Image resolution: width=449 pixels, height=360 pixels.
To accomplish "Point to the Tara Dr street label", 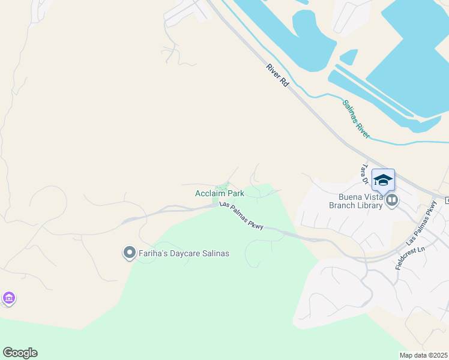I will tap(364, 171).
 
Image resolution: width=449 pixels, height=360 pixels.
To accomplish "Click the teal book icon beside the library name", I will tap(392, 200).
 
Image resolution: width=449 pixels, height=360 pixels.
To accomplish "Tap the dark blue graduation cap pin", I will tap(383, 180).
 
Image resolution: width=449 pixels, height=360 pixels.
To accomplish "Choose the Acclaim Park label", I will tap(219, 193).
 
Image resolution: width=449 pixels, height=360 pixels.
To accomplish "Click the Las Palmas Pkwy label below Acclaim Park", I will tap(242, 215).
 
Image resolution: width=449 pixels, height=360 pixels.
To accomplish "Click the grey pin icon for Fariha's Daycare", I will tap(129, 253).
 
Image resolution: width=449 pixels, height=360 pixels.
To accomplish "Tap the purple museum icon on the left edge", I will tap(8, 298).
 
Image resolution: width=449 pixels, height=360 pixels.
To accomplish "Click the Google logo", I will tap(20, 353).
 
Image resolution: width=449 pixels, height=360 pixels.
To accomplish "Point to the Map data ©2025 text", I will tap(423, 355).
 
